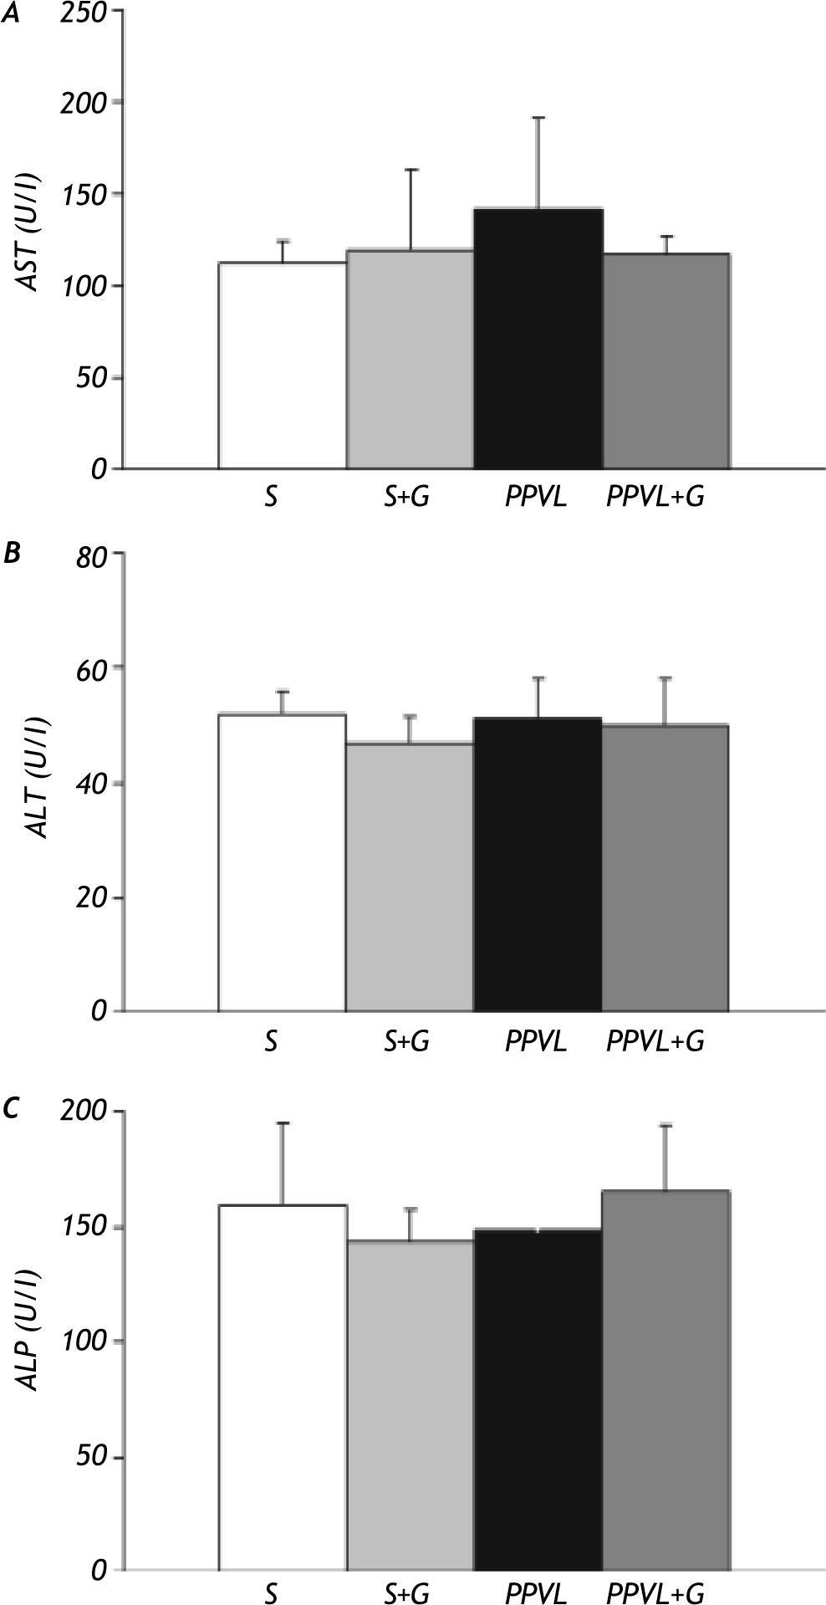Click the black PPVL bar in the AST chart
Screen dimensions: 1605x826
pyautogui.click(x=538, y=338)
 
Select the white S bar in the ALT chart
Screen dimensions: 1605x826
pyautogui.click(x=283, y=862)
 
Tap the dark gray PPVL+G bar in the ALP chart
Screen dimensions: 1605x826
pyautogui.click(x=665, y=1380)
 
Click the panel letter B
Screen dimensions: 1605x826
pyautogui.click(x=12, y=554)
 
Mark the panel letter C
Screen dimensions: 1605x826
pyautogui.click(x=12, y=1109)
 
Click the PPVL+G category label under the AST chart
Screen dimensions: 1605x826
pyautogui.click(x=655, y=498)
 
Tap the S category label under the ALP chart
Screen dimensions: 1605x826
pyautogui.click(x=270, y=1593)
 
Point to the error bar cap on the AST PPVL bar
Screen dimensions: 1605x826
pyautogui.click(x=538, y=118)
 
